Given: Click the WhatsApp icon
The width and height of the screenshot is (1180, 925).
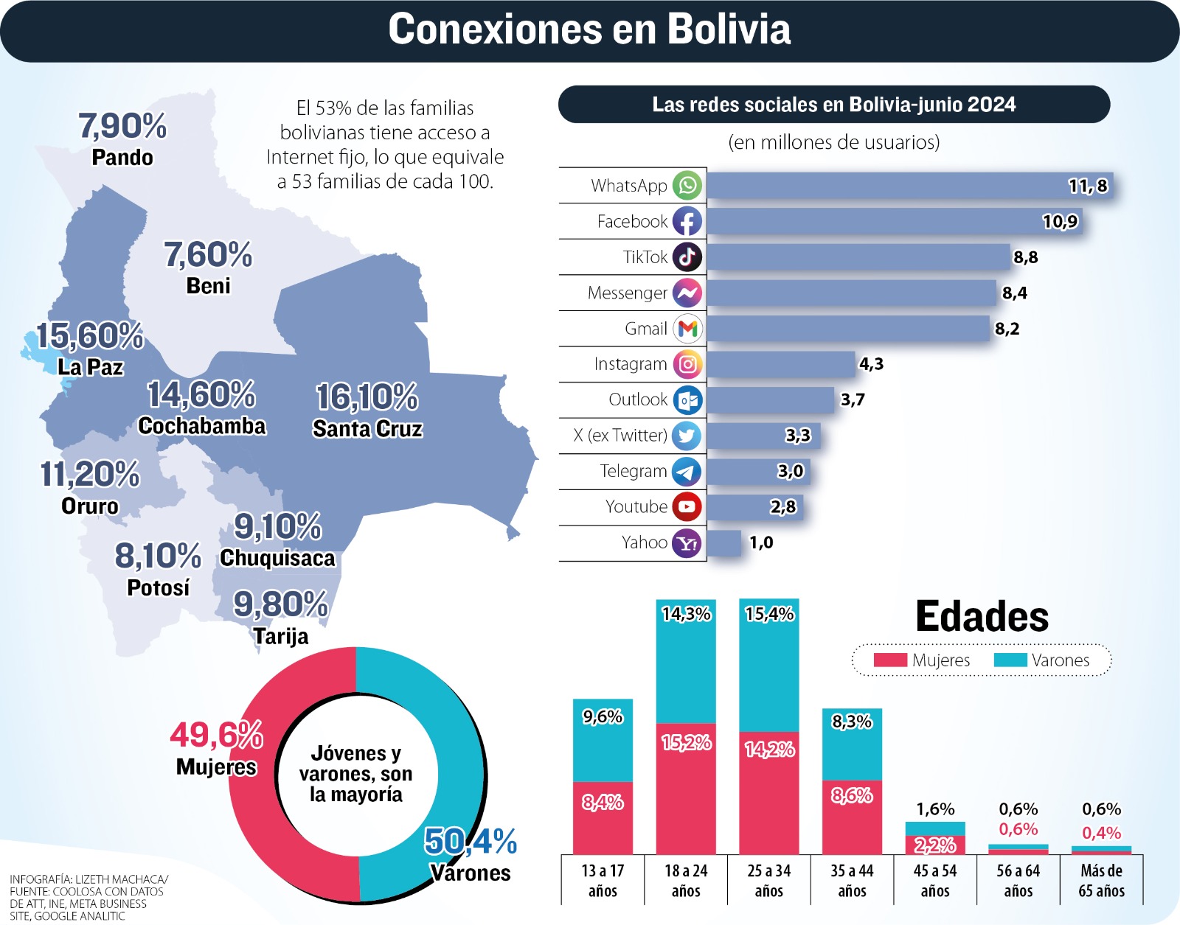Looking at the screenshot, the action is [x=687, y=186].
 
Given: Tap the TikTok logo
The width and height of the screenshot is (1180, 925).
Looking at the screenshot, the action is [x=687, y=256].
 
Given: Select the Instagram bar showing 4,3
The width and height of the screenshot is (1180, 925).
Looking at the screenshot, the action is [x=781, y=364].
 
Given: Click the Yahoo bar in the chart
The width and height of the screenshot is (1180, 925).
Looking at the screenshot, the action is [x=724, y=542].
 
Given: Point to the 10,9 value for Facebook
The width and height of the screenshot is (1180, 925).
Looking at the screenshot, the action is [x=1060, y=221].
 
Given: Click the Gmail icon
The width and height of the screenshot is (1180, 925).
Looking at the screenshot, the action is [x=687, y=328].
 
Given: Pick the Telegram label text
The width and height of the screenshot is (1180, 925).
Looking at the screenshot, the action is [x=634, y=471].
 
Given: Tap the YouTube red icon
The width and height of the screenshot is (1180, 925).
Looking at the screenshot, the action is [x=687, y=506].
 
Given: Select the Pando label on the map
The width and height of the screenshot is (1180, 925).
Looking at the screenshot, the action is [x=122, y=157].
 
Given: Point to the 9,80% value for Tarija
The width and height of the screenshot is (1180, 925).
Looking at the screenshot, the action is [x=281, y=604].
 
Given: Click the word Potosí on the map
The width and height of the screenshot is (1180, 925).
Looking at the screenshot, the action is [x=159, y=587].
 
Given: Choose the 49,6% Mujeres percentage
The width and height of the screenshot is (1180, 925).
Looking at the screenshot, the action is [x=217, y=735].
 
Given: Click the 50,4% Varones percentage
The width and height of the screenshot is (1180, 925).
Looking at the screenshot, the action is [x=471, y=841].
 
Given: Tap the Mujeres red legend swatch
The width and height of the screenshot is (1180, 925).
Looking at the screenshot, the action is [x=890, y=660].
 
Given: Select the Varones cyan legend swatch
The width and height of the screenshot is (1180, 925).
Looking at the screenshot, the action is [x=1010, y=660].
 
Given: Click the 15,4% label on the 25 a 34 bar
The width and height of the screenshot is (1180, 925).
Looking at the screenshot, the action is [x=769, y=613].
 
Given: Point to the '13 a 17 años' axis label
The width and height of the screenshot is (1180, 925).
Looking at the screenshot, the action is [x=603, y=881].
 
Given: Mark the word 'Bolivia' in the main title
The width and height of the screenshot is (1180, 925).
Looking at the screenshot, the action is [x=729, y=29].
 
